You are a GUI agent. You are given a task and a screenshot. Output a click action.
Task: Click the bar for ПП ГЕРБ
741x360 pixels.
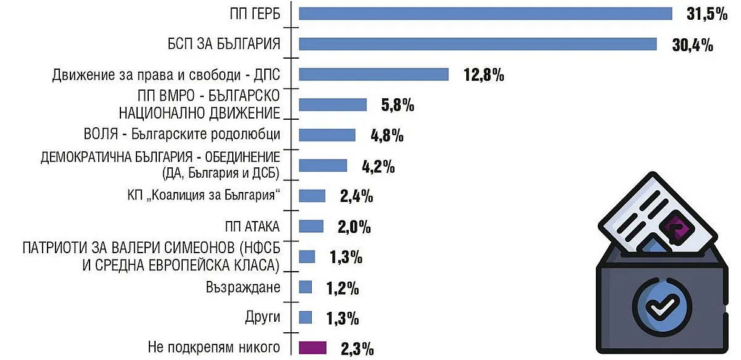485,14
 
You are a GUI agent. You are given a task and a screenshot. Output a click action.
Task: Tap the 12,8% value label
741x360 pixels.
484,75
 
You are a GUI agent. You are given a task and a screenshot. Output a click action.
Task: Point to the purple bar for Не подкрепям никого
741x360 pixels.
312,348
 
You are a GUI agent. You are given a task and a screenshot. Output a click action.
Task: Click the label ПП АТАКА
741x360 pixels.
253,227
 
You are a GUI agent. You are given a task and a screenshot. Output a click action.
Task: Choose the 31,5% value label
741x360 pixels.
707,14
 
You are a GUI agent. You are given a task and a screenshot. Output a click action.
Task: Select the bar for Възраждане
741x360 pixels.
305,287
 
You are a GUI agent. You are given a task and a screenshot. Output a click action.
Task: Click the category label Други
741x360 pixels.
263,318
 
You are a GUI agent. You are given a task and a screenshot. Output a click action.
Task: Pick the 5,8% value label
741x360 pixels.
397,105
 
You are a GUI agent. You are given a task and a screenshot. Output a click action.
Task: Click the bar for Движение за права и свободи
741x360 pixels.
374,74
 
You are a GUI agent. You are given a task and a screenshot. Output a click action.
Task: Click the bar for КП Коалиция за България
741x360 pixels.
312,196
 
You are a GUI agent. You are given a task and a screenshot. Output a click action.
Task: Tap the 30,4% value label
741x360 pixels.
692,45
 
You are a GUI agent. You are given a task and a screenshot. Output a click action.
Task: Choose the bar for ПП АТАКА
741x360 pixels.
311,226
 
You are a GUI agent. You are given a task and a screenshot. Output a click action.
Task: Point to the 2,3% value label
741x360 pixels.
356,349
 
